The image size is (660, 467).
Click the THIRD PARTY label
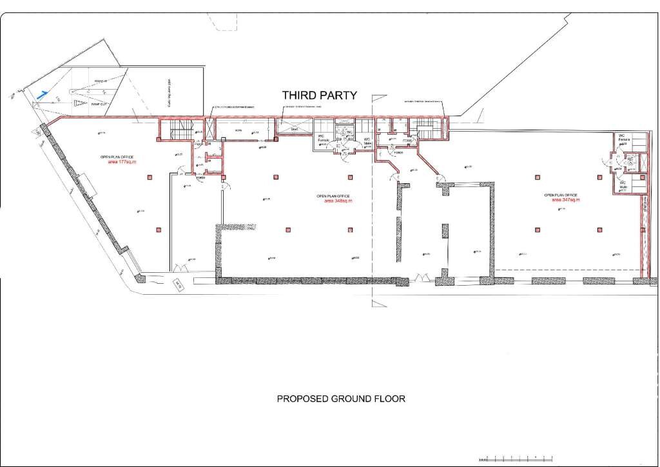tap(320, 95)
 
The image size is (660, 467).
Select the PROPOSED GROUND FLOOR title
tap(341, 399)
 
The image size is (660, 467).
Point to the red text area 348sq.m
tap(338, 201)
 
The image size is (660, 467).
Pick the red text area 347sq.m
tap(565, 200)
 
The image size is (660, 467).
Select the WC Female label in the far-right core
tap(623, 138)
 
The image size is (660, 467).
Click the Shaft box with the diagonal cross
tap(293, 127)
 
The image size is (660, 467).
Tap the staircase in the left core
tap(174, 131)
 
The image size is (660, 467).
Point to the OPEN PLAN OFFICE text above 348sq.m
tap(333, 196)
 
